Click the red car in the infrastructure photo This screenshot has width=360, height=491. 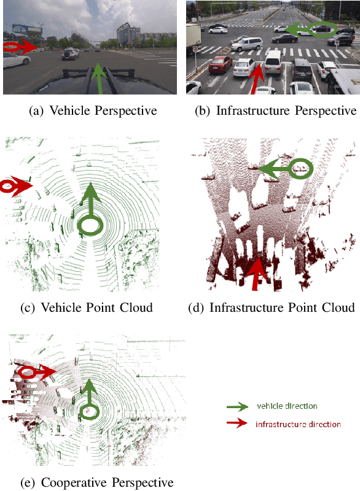pos(221,64)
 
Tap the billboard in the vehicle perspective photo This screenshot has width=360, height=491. pos(27,29)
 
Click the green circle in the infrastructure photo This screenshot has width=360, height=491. pos(323,29)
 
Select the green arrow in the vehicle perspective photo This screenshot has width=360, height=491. pos(100,79)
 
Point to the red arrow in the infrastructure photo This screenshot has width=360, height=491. pos(256,79)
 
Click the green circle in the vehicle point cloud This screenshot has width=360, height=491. pos(90,226)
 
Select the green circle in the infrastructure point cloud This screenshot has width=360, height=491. pos(301,168)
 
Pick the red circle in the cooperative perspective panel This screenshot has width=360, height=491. pos(26,373)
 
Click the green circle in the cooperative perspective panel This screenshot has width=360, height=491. pos(89,412)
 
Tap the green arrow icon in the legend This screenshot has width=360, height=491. pos(238,406)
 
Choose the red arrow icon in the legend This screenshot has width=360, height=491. pos(237,423)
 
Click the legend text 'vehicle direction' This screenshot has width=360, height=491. pos(287,406)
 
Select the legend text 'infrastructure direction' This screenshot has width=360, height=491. pos(298,424)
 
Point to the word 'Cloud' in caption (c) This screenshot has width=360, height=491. pos(136,307)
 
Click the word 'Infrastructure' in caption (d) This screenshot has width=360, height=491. pos(246,307)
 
